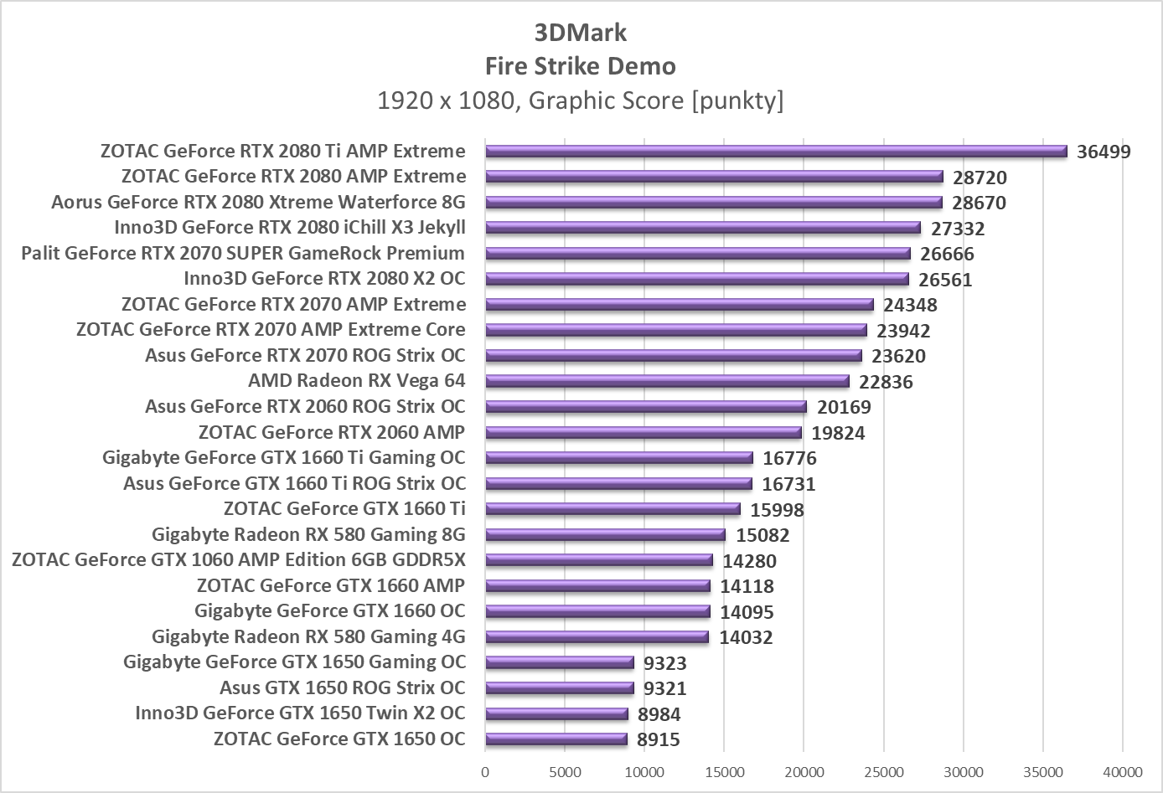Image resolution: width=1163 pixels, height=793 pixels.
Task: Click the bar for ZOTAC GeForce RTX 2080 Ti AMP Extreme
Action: point(776,152)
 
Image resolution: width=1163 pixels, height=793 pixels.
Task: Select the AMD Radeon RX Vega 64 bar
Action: point(667,382)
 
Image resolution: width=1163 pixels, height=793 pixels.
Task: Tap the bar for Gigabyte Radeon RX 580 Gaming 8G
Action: point(605,535)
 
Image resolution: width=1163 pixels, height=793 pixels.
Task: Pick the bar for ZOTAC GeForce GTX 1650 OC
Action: point(556,739)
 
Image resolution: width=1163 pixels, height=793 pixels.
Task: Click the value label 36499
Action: point(1104,152)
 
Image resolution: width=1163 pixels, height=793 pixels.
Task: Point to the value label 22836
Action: point(886,383)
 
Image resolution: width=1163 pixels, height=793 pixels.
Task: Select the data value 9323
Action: point(665,664)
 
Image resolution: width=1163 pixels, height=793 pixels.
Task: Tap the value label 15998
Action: point(777,510)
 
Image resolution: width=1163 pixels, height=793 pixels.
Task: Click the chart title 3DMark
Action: point(581,33)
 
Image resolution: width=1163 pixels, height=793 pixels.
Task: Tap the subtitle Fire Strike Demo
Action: point(581,66)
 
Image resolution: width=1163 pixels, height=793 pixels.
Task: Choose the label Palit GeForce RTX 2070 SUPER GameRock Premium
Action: point(243,253)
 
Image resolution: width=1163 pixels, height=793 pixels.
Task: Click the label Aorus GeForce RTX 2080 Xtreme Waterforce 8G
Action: point(258,202)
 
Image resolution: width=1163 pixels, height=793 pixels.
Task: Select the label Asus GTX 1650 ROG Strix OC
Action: point(342,687)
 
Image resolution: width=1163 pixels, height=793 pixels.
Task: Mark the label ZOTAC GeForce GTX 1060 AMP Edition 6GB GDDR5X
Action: point(239,559)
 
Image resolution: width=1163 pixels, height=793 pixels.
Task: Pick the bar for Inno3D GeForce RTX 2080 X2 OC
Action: point(697,280)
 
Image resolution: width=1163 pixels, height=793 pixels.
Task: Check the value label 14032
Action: point(746,638)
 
